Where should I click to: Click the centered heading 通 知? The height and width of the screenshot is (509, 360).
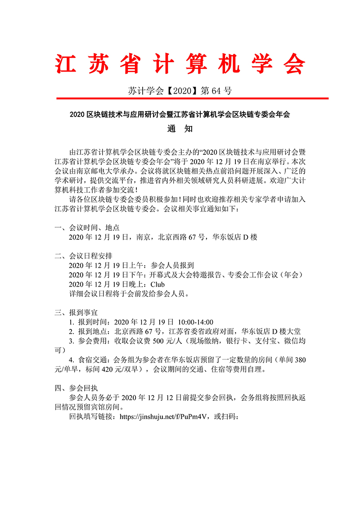tap(180, 129)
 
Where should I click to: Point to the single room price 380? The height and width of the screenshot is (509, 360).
tap(298, 360)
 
